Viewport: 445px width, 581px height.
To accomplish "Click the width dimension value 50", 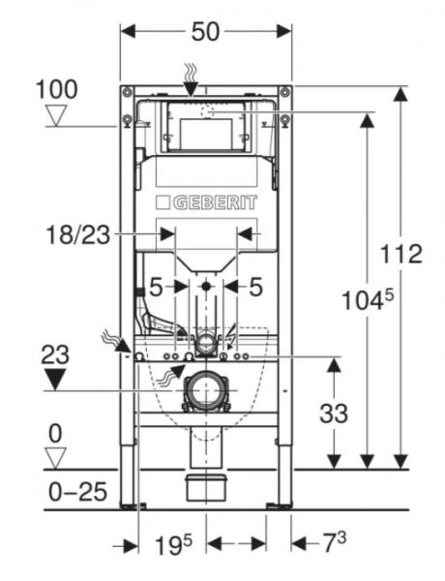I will click(x=205, y=32).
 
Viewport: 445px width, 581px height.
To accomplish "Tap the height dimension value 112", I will click(x=402, y=255).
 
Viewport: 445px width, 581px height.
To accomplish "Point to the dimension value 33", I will click(x=333, y=414).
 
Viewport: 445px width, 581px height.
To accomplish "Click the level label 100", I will click(x=57, y=90).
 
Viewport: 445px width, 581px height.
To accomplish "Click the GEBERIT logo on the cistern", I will click(x=207, y=202).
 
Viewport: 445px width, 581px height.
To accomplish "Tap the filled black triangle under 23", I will click(x=57, y=378).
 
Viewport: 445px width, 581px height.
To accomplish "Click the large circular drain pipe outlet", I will click(x=206, y=391).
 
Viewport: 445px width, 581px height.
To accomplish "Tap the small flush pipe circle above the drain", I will click(x=206, y=341).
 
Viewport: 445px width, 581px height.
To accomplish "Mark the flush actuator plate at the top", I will click(x=205, y=125).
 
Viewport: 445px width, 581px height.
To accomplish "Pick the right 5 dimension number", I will click(x=256, y=287).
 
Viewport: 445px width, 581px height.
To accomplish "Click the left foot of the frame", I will click(x=132, y=504).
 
